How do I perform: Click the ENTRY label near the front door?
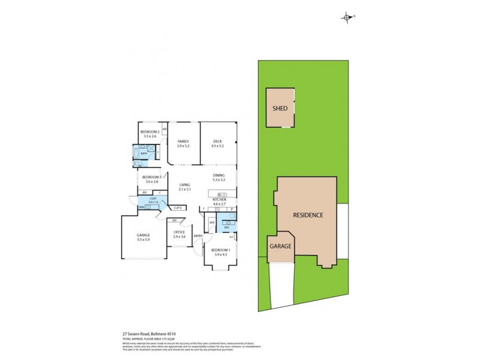click(198, 236)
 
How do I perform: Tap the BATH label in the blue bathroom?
click(144, 154)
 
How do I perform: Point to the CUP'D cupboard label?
click(178, 208)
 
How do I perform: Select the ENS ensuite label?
click(227, 227)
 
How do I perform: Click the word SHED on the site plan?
click(280, 109)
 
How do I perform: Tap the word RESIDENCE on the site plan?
click(308, 215)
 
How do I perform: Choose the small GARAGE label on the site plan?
click(280, 246)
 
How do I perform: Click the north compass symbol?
click(347, 17)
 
